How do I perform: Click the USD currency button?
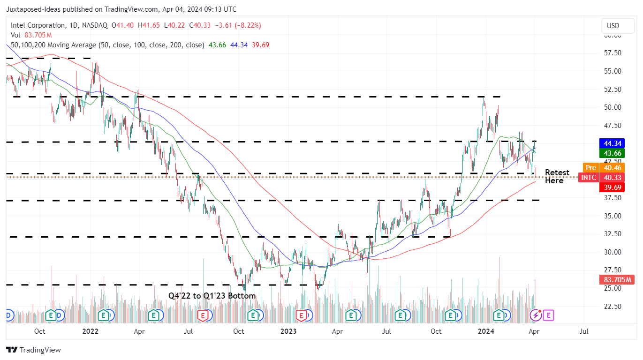(613, 26)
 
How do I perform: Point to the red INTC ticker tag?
(589, 178)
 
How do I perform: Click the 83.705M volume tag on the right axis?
(616, 280)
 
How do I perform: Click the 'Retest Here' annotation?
(557, 177)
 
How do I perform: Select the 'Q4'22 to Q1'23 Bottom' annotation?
(212, 296)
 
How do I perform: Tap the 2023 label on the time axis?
(288, 331)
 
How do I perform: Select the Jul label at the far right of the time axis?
(584, 331)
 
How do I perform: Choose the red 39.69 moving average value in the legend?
(260, 45)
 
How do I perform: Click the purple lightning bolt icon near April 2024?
(536, 315)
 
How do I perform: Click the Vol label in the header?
(15, 35)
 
